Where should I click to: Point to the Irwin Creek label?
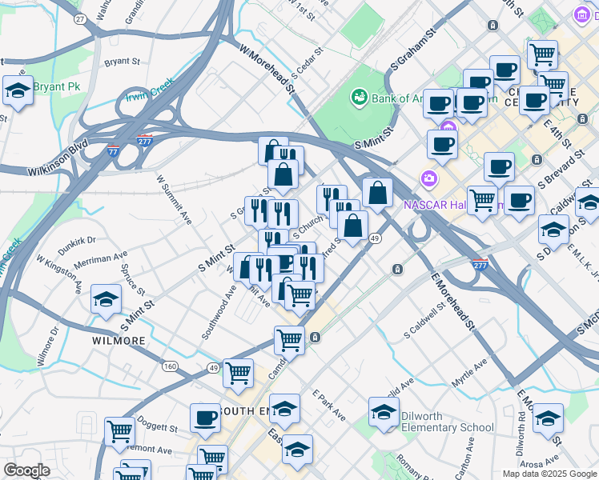(149, 93)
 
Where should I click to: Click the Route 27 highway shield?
(78, 18)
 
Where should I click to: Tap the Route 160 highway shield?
(169, 366)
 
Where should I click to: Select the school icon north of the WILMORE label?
(106, 300)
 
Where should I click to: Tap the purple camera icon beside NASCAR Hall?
(429, 177)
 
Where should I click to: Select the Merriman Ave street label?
(100, 262)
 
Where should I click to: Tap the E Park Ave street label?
(329, 406)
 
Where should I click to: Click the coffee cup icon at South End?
(205, 418)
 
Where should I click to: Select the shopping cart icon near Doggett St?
(119, 431)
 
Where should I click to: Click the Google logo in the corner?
(26, 470)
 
